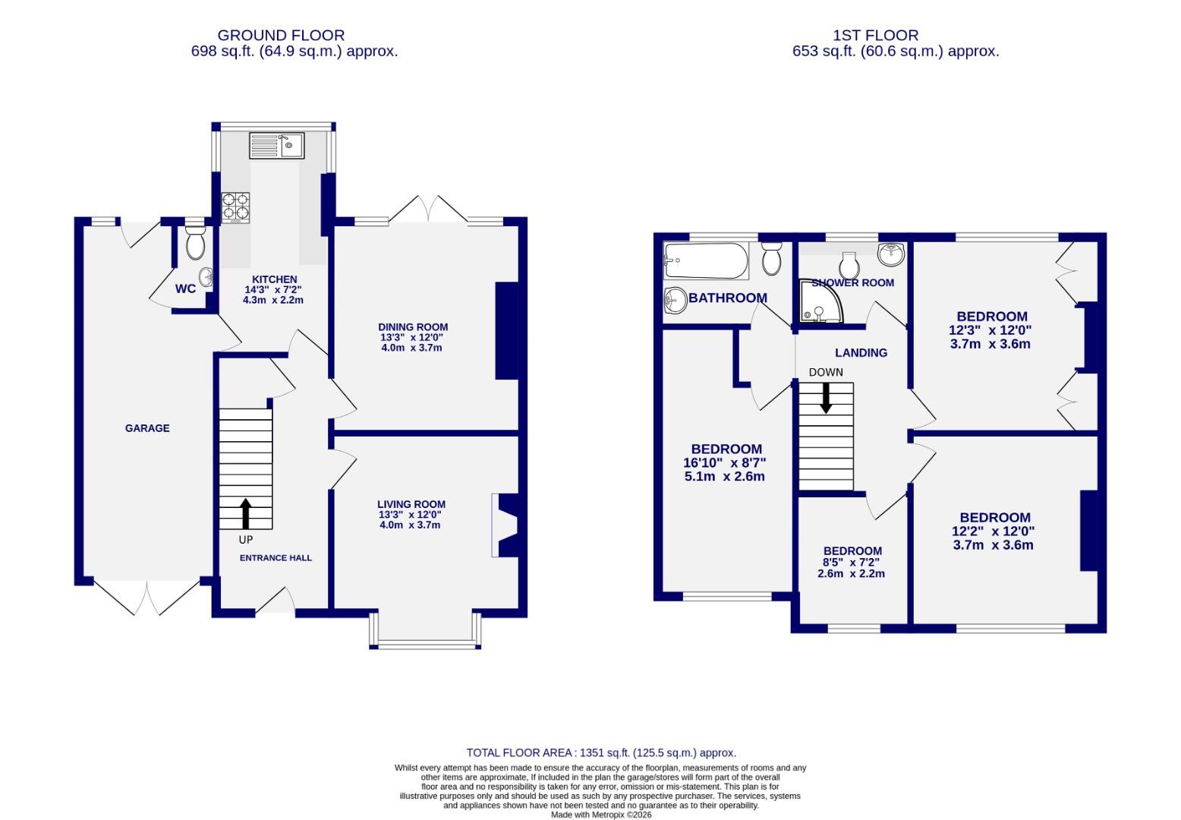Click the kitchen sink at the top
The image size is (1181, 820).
[x=276, y=145]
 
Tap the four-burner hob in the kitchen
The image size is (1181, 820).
[x=235, y=208]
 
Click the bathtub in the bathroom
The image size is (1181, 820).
[x=705, y=260]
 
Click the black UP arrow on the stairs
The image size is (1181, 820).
[x=246, y=513]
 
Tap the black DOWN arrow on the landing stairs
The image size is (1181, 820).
[x=826, y=398]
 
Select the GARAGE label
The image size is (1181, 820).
[x=147, y=428]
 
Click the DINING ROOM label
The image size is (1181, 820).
[x=413, y=327]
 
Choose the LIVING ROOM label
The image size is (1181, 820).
[x=411, y=504]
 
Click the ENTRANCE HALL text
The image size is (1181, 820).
[x=276, y=558]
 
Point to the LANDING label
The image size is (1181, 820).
[x=861, y=353]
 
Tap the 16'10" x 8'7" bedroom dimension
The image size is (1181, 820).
[x=726, y=463]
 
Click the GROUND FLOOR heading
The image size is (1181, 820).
[x=281, y=35]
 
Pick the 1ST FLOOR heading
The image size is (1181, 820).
[x=875, y=35]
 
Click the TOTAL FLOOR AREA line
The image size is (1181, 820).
[x=601, y=753]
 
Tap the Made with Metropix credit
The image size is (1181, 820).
[x=601, y=815]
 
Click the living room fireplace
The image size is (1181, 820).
[x=505, y=525]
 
